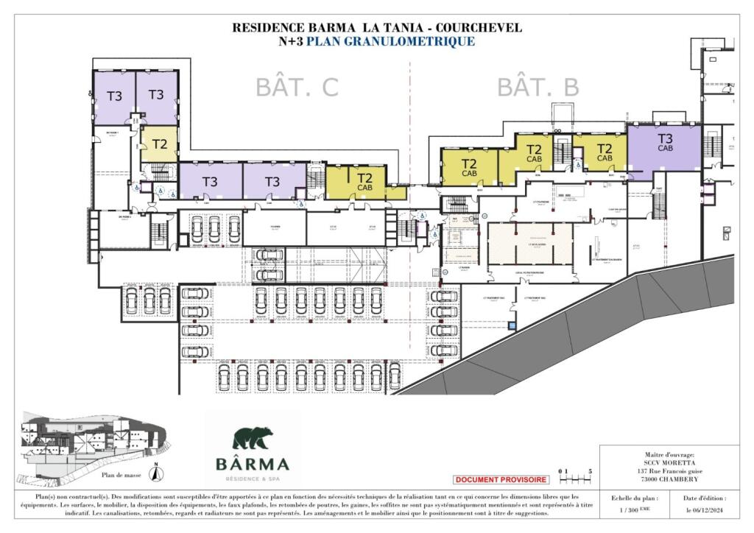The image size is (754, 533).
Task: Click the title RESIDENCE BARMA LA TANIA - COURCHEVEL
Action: click(x=377, y=28)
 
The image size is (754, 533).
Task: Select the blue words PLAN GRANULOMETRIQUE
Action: click(x=390, y=42)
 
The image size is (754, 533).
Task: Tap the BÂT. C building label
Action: click(x=297, y=87)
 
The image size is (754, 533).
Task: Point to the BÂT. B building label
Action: click(x=538, y=87)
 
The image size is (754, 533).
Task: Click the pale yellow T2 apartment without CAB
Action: click(x=160, y=144)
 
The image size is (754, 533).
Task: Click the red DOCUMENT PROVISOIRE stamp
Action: click(x=501, y=480)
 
